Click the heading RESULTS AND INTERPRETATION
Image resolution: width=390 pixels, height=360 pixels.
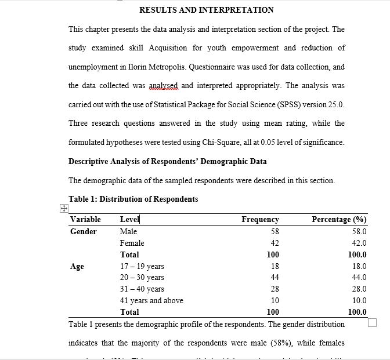click(x=207, y=10)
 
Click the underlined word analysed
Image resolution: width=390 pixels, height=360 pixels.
click(x=163, y=85)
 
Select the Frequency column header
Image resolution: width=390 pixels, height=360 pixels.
click(x=260, y=220)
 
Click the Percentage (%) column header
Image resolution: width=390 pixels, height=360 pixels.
click(x=339, y=220)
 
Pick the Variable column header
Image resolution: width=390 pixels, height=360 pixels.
click(x=85, y=220)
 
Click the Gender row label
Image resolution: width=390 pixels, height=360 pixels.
click(x=84, y=231)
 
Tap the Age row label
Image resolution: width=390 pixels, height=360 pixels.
click(x=77, y=266)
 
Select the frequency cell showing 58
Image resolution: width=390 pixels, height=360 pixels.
click(x=275, y=231)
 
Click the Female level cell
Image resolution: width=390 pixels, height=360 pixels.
click(x=132, y=243)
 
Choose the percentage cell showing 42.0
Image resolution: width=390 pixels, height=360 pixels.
click(x=359, y=243)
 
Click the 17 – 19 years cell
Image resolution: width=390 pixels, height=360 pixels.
click(x=142, y=266)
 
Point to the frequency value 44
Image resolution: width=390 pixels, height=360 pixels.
click(x=275, y=278)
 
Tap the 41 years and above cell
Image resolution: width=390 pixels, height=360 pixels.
click(x=151, y=300)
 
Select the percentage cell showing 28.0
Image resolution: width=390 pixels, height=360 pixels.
click(x=359, y=289)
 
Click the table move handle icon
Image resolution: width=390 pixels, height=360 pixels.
click(x=64, y=209)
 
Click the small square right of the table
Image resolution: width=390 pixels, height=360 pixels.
click(x=373, y=322)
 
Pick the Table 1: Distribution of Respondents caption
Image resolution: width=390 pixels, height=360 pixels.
click(x=133, y=199)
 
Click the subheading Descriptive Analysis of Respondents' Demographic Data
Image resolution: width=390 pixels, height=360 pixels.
click(x=168, y=161)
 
